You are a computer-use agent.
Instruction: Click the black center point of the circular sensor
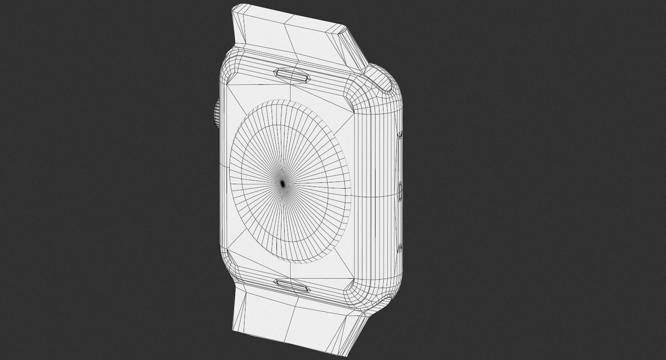coord(282,183)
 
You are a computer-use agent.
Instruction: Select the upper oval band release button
coord(292,75)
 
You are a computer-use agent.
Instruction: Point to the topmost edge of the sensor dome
coord(277,101)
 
